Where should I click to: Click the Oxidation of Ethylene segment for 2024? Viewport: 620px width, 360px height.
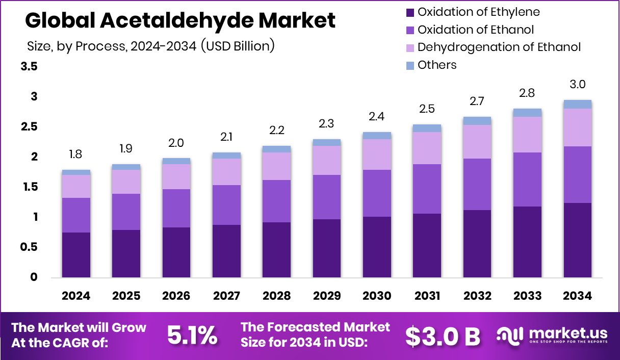tap(76, 255)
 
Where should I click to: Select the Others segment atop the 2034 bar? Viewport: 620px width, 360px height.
tap(578, 104)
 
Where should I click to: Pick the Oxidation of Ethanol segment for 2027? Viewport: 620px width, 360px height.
tap(226, 205)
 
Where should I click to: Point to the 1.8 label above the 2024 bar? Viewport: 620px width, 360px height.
tap(76, 155)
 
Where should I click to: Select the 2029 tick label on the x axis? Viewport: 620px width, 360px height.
tap(327, 296)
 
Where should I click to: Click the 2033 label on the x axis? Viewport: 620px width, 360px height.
tap(527, 296)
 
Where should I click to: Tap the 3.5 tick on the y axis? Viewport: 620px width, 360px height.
tap(29, 67)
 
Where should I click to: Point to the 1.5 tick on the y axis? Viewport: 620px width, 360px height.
tap(29, 187)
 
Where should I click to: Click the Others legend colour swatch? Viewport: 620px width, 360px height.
tap(410, 65)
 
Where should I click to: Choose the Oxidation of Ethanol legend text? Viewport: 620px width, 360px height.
tap(476, 30)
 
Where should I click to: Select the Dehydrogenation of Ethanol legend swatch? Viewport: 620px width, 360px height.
tap(410, 47)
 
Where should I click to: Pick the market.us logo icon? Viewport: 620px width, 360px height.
tap(510, 335)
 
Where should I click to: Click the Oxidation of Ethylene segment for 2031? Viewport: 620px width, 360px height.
tap(427, 246)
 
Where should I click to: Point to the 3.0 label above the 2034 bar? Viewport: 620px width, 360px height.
tap(578, 84)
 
